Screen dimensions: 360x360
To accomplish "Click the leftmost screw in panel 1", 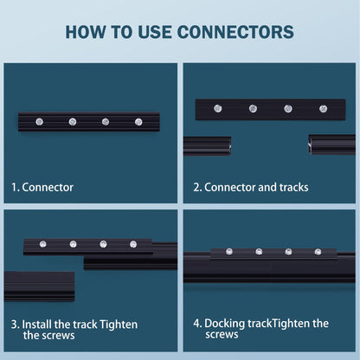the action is (x=40, y=122).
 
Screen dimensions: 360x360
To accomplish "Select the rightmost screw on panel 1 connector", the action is (x=138, y=122).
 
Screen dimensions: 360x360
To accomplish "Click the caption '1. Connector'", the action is (x=42, y=187).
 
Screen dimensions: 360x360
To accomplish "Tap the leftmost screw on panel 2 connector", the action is (x=218, y=108).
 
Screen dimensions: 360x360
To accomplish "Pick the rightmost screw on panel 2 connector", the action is (x=323, y=108).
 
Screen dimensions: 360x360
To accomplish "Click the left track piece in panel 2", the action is (x=207, y=145).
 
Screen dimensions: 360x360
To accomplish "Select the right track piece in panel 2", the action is (x=331, y=145).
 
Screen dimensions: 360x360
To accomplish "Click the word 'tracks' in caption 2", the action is (x=293, y=187).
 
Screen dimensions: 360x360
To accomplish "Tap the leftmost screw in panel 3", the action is (x=43, y=244).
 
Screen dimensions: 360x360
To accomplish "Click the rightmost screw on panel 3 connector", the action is (x=133, y=244).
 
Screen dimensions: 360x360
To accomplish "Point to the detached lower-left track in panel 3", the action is (x=40, y=286).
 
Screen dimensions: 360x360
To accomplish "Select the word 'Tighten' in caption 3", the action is (x=119, y=325).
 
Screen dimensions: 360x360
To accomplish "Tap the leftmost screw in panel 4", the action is (x=229, y=252).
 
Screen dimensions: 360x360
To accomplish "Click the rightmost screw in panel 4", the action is (x=318, y=252).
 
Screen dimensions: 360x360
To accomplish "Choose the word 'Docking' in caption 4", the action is (x=225, y=324).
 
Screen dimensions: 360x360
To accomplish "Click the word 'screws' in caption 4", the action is (x=222, y=335).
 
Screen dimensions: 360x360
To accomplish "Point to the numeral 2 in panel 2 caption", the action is (x=196, y=187).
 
